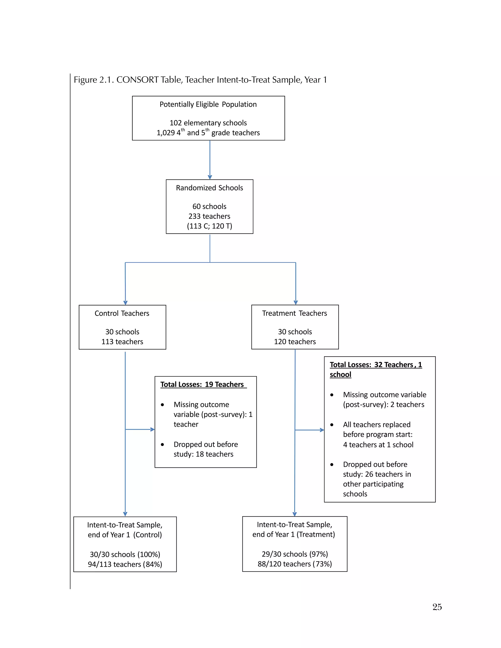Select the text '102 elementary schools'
coord(208,123)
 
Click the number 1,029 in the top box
coord(166,133)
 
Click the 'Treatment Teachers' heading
coord(295,313)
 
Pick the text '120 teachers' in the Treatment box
coord(295,342)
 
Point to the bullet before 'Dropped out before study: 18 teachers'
coord(162,445)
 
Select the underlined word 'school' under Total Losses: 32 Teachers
coord(341,375)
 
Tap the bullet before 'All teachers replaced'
coord(332,425)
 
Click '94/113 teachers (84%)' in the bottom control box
coord(125,564)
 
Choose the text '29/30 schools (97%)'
coord(295,554)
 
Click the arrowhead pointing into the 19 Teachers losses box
coord(153,429)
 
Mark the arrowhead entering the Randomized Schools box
coord(210,177)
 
